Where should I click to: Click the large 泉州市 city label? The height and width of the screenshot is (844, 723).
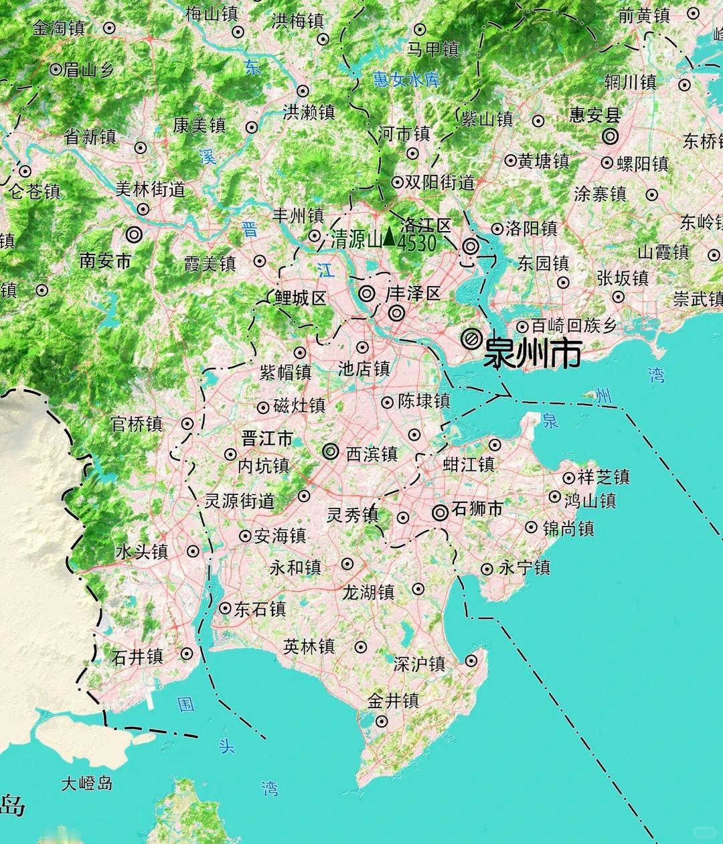coord(532,352)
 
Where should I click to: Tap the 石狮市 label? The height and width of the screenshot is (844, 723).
coord(477,509)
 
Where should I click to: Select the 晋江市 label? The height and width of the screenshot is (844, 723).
coord(267,439)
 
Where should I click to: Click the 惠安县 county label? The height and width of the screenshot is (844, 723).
coord(595,115)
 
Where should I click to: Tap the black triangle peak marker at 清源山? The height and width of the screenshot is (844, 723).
coord(388,238)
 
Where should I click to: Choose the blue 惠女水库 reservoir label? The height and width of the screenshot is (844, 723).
coord(407,79)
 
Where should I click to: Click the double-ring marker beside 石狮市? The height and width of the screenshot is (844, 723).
coord(440,513)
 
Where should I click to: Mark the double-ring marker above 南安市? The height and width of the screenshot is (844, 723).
coord(134,235)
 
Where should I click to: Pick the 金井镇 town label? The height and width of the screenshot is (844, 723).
coord(393,701)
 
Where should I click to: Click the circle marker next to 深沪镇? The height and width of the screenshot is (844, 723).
coord(471,660)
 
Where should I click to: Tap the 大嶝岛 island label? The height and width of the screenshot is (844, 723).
coord(86,783)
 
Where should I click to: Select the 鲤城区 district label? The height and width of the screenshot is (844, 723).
coord(300,298)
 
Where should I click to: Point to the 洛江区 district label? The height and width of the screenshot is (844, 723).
coord(426,225)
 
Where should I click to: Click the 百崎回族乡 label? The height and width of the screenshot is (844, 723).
coord(574,326)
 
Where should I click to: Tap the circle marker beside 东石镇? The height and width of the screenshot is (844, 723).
coord(225,608)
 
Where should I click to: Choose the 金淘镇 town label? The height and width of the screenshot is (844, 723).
coord(59,28)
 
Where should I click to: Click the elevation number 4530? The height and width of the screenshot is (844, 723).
coord(416,242)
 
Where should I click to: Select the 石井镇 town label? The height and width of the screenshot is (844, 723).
coord(137,656)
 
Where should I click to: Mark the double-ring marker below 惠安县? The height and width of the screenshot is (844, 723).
coord(609,137)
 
